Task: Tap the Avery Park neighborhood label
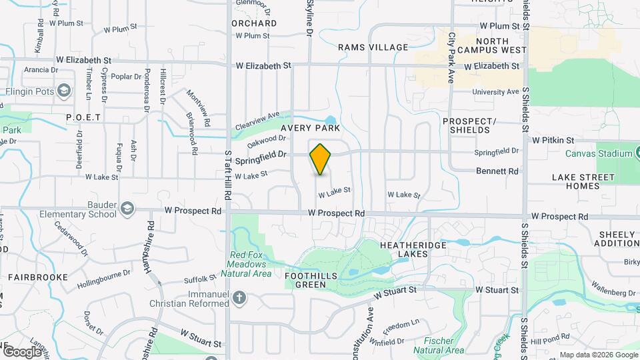pyautogui.click(x=311, y=127)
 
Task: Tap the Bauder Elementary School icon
pyautogui.click(x=127, y=210)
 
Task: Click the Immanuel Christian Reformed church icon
pyautogui.click(x=239, y=297)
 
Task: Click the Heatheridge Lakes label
pyautogui.click(x=412, y=249)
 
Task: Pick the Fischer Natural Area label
pyautogui.click(x=438, y=345)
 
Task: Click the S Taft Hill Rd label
pyautogui.click(x=228, y=175)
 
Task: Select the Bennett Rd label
pyautogui.click(x=497, y=171)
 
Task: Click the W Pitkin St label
pyautogui.click(x=553, y=140)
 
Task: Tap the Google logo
pyautogui.click(x=21, y=351)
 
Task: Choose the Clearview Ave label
pyautogui.click(x=257, y=121)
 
